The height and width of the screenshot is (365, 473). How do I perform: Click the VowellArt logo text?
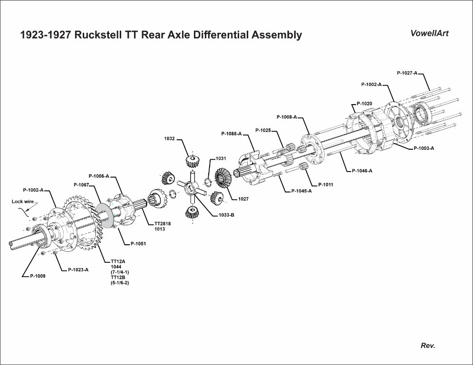coord(429,33)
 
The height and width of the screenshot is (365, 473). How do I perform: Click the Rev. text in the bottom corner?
coord(428,346)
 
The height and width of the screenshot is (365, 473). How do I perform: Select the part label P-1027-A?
coord(406,73)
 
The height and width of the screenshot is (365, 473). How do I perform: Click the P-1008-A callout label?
coord(286,116)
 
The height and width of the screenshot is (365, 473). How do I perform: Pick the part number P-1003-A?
coord(424,148)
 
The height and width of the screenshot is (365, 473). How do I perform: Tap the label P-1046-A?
coord(362,171)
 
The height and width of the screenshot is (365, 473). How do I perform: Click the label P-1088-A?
coord(231,134)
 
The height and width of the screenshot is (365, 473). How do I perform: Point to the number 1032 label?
coord(169,139)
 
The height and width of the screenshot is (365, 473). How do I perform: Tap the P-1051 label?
coord(138,244)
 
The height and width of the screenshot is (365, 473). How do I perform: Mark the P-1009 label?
coord(38,275)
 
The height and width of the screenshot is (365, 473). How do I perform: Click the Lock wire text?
coord(23,202)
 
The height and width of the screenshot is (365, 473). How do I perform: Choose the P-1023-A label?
coord(78,269)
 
